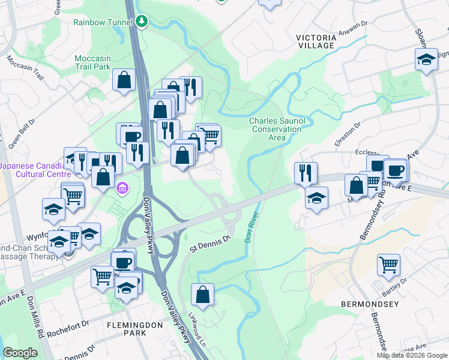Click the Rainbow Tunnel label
click(x=102, y=22)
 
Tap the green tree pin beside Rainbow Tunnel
click(x=142, y=22)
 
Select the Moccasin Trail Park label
click(x=92, y=62)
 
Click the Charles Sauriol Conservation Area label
click(x=277, y=129)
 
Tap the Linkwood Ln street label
click(x=196, y=325)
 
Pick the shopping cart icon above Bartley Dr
click(x=388, y=263)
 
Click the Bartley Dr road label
click(x=395, y=287)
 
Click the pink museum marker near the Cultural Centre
click(x=123, y=188)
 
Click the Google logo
click(x=20, y=353)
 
